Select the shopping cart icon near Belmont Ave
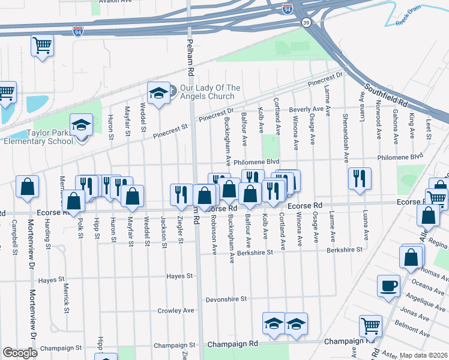tap(370, 326)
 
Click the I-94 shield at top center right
tap(288, 9)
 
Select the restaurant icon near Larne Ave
tap(359, 178)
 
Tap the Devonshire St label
tap(226, 298)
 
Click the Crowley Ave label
tap(176, 311)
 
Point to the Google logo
tap(20, 353)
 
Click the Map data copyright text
tap(424, 355)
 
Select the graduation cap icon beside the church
tap(158, 93)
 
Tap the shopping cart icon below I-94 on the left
tap(42, 45)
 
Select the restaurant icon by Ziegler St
tap(181, 193)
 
